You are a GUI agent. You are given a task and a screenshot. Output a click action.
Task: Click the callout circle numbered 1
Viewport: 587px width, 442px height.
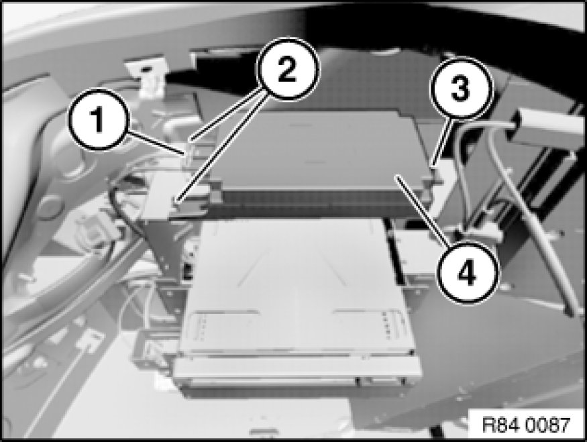[98, 120]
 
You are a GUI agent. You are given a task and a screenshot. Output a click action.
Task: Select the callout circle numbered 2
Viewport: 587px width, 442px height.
[288, 70]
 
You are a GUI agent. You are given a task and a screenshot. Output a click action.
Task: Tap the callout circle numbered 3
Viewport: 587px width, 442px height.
[460, 89]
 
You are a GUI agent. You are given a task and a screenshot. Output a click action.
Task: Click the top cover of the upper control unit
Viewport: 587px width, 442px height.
[318, 150]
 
